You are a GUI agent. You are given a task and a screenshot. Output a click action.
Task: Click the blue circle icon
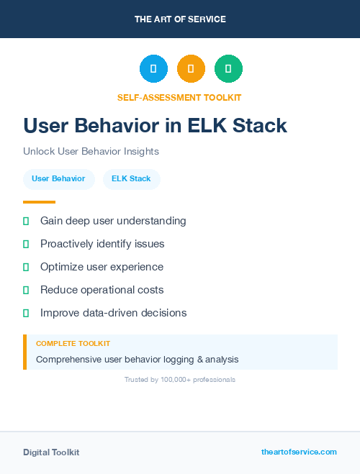[x=153, y=69]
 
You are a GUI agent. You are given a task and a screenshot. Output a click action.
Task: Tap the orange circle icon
[x=191, y=69]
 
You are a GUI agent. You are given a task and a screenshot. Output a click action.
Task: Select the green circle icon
[x=228, y=69]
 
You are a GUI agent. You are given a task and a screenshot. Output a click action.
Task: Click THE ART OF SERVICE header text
[x=180, y=19]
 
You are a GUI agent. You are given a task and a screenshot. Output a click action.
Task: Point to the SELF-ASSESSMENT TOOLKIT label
[x=179, y=97]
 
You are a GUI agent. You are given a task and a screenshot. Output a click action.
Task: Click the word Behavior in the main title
[x=127, y=126]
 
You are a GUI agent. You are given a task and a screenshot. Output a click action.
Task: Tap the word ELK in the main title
[x=209, y=126]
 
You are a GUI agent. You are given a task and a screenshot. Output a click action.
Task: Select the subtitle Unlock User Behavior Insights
[x=91, y=152]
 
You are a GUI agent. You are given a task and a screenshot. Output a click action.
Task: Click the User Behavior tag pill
[x=58, y=179]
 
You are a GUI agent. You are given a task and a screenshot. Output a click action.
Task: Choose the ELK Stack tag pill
[x=131, y=179]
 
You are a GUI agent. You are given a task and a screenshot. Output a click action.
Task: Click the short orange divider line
[x=39, y=202]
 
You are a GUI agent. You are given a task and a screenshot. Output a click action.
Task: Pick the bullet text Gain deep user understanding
[x=113, y=221]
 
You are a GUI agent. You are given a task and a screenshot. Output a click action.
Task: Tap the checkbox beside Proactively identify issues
[x=26, y=245]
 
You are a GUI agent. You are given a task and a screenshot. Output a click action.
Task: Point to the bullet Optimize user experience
[x=102, y=267]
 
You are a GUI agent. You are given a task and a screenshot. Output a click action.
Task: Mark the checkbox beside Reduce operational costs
[x=26, y=291]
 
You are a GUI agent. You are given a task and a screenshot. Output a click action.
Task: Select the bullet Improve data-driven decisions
[x=113, y=313]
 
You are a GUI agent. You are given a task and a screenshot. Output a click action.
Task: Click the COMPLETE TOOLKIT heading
[x=73, y=344]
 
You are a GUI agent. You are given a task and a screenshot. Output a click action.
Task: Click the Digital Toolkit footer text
[x=51, y=452]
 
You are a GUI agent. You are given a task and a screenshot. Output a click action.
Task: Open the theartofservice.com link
[x=299, y=452]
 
